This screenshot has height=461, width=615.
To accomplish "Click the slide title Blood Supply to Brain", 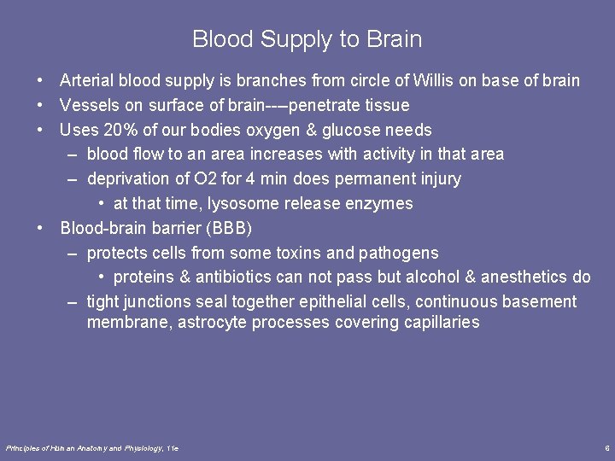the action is (x=307, y=39).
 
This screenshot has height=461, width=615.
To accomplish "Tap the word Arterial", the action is (x=87, y=81).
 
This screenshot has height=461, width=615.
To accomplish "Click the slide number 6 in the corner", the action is (x=606, y=447).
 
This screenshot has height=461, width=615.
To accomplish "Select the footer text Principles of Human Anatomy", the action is (x=64, y=447).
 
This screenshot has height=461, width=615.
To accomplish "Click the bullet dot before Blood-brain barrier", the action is (x=40, y=229).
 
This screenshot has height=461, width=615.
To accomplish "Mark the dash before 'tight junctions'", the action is (x=73, y=301).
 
